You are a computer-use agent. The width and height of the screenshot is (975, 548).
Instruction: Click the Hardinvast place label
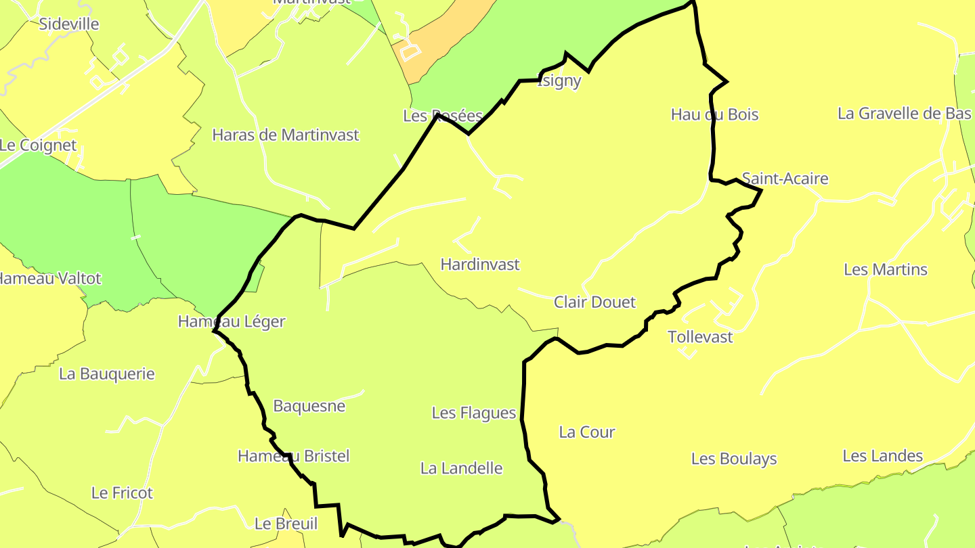pos(480,265)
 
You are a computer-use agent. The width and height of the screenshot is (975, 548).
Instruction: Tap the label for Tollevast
pos(700,337)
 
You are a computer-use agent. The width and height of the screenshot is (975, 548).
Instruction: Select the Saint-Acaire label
pos(785,179)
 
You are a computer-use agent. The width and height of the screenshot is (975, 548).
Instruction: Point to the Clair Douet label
pos(595,302)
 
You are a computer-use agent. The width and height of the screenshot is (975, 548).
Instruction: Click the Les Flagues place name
pos(474,413)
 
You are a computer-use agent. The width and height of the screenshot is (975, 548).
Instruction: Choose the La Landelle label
pos(462,468)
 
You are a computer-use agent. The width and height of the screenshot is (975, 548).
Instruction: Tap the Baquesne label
pos(309,407)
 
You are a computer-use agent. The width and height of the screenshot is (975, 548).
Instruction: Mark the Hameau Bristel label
pos(294,457)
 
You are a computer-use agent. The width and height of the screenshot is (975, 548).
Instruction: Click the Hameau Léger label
pos(232,322)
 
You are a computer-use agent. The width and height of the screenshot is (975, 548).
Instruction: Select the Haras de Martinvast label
pos(286,135)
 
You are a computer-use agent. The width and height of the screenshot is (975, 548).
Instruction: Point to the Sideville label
pos(69,24)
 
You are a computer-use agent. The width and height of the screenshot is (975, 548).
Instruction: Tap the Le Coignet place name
pos(38,145)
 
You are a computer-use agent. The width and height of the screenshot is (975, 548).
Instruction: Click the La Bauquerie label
pos(107,374)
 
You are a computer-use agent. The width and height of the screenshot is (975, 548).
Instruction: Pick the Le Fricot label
pos(122,493)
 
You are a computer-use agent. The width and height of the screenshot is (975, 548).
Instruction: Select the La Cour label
pos(587,432)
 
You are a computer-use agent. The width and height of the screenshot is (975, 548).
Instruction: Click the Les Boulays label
pos(734,459)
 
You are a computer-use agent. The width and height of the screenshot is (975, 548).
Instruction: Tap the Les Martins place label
pos(886,270)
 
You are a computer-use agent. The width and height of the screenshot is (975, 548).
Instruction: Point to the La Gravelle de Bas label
pos(905,114)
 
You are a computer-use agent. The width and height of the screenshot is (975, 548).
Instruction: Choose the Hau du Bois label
pos(715,115)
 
